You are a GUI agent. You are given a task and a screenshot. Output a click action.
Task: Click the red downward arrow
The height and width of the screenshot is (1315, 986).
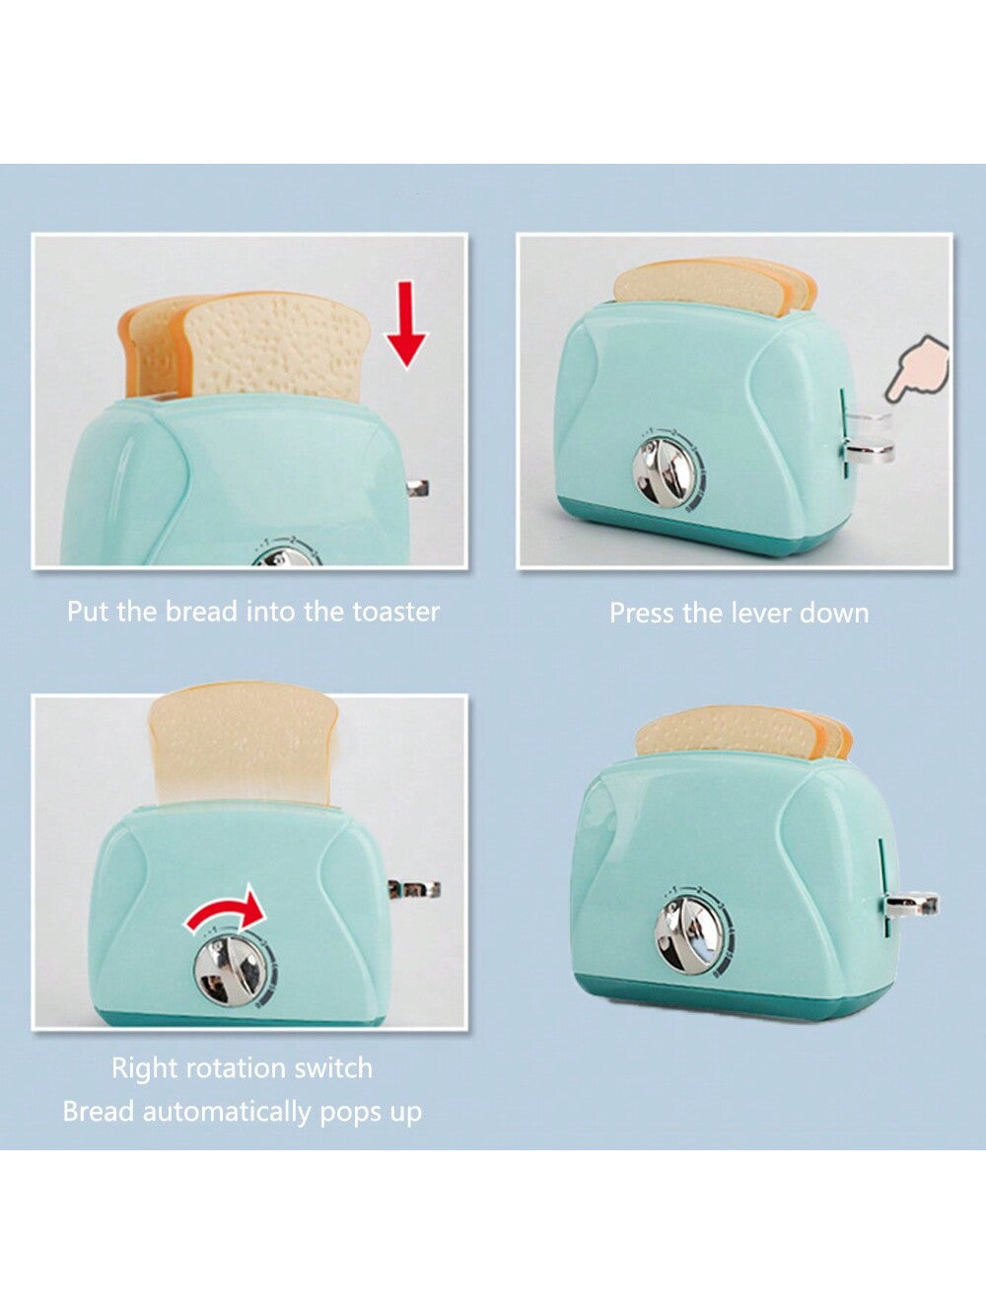click(406, 325)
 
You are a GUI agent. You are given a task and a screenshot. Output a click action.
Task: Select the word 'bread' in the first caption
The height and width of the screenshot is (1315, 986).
click(202, 611)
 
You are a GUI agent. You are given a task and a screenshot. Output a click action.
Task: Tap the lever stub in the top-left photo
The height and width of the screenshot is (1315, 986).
click(417, 487)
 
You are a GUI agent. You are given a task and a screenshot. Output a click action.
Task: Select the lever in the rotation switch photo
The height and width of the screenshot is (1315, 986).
click(414, 890)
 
